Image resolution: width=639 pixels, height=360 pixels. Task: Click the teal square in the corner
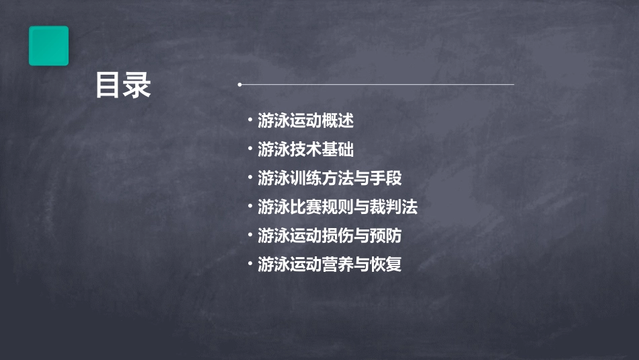pos(48,46)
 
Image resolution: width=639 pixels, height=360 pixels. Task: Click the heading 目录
pos(123,86)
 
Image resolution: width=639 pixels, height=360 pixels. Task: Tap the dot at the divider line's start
pos(239,85)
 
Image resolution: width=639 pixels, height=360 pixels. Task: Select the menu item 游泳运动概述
pos(305,121)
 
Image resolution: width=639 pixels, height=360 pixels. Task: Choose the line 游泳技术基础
pos(305,149)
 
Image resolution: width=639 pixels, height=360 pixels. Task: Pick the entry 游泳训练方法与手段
pos(330,178)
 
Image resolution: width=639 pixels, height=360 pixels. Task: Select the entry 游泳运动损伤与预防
pos(330,236)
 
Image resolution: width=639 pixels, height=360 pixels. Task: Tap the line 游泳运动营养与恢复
pos(330,264)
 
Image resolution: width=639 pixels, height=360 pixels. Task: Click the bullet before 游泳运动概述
pos(250,121)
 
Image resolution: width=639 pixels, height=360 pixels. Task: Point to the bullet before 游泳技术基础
pos(250,149)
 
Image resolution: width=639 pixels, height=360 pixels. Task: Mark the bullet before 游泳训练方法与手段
pos(250,178)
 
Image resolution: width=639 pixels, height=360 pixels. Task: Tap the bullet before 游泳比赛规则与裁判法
pos(250,207)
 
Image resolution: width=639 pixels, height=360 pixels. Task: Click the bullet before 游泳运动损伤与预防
pos(250,236)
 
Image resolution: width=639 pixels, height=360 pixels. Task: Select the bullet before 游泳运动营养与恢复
pos(250,264)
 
